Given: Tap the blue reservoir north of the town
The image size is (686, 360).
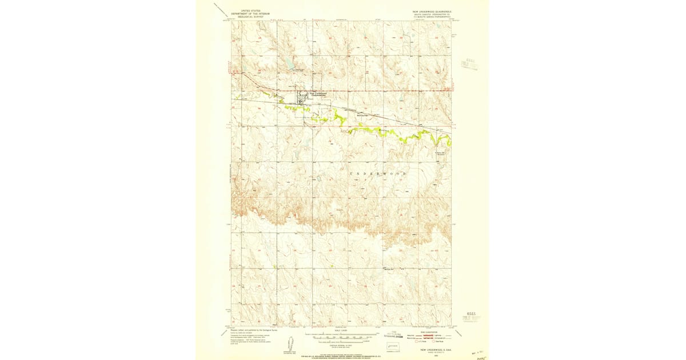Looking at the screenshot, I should [290, 66].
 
